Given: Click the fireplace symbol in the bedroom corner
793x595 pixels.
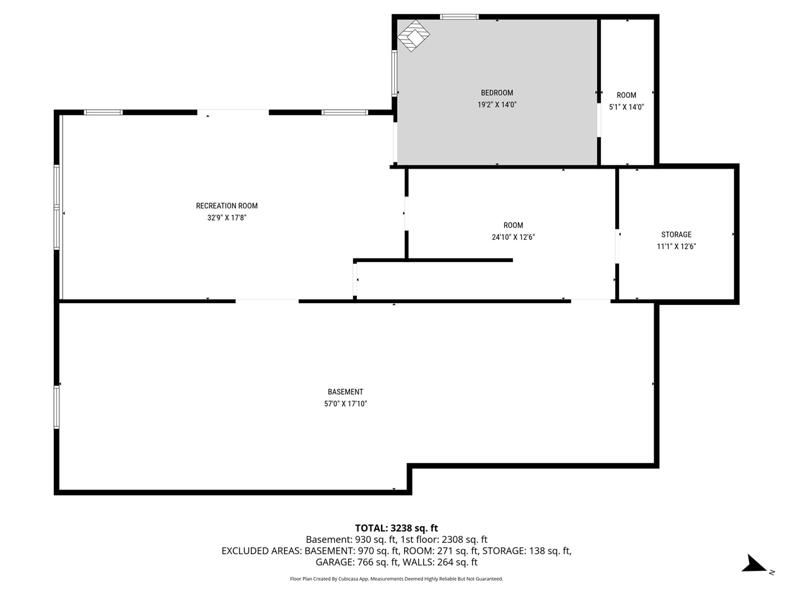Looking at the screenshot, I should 413,35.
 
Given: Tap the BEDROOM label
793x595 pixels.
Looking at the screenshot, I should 497,93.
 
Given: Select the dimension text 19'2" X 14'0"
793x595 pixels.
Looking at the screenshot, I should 497,105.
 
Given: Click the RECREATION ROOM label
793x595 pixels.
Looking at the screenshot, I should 227,206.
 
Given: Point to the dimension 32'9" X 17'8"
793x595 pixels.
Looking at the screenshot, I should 227,218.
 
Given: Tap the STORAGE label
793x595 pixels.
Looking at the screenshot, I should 676,234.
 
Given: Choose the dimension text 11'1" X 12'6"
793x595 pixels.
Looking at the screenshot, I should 676,246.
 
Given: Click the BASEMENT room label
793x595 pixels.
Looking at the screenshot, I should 345,392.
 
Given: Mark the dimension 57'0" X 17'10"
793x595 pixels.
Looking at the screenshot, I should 345,403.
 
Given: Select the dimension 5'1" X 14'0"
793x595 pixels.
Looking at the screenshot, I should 626,107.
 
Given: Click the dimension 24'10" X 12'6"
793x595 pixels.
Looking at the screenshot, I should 513,237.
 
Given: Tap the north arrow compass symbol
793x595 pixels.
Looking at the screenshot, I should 755,564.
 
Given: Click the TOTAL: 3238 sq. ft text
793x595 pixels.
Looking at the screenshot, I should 396,528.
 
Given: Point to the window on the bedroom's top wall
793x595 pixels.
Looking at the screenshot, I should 459,17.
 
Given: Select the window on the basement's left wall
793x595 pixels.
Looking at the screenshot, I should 56,407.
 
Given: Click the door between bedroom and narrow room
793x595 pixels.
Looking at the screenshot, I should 598,120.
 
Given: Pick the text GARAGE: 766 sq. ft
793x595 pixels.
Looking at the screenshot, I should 357,562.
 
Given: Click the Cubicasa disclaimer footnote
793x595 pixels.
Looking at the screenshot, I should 396,579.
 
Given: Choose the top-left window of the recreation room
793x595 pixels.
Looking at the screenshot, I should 103,112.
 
